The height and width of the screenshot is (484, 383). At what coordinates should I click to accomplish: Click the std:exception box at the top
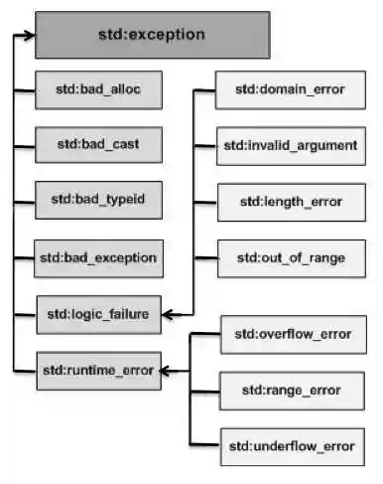tap(152, 35)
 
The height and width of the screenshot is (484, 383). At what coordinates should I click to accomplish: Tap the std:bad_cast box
tap(97, 144)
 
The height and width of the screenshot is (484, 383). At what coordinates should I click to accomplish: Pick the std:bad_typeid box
tap(97, 200)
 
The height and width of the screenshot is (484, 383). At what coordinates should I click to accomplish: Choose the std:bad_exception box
tap(97, 257)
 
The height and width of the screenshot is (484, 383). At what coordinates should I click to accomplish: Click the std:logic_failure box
tap(97, 314)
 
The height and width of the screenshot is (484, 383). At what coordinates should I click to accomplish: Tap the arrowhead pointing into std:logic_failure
tap(169, 315)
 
